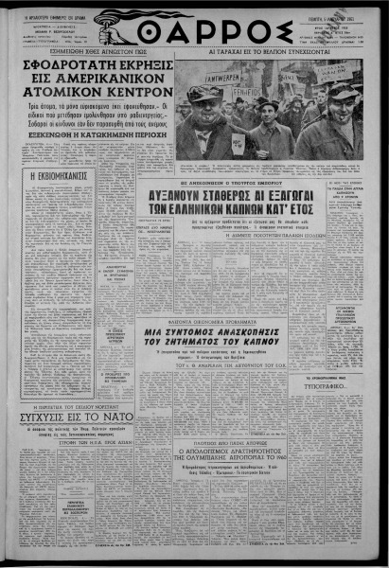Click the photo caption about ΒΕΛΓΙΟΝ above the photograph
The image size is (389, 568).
(267, 56)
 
